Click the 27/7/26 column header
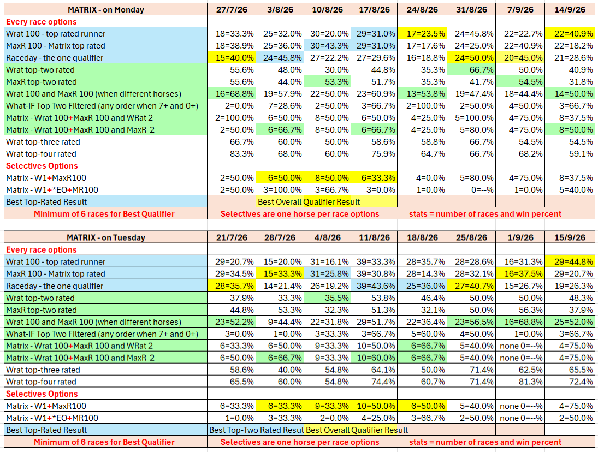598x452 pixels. pyautogui.click(x=232, y=9)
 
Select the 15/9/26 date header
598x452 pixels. pyautogui.click(x=570, y=237)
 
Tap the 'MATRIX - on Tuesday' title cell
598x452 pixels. pyautogui.click(x=105, y=237)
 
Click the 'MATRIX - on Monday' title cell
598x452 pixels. pyautogui.click(x=105, y=9)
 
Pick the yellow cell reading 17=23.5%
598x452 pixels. pyautogui.click(x=422, y=33)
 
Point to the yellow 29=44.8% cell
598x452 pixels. pyautogui.click(x=570, y=262)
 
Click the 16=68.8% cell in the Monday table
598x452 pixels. pyautogui.click(x=232, y=94)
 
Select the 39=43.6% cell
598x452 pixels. pyautogui.click(x=375, y=286)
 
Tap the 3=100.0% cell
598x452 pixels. pyautogui.click(x=280, y=190)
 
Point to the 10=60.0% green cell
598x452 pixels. pyautogui.click(x=375, y=358)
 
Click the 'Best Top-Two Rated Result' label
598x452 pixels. pyautogui.click(x=256, y=430)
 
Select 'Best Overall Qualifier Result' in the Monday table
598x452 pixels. pyautogui.click(x=309, y=202)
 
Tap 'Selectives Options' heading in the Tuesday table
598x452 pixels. pyautogui.click(x=42, y=394)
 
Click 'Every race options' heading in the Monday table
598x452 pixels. pyautogui.click(x=41, y=22)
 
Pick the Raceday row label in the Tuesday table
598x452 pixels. pyautogui.click(x=55, y=286)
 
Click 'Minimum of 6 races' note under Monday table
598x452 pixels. pyautogui.click(x=104, y=214)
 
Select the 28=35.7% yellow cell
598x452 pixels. pyautogui.click(x=232, y=286)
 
